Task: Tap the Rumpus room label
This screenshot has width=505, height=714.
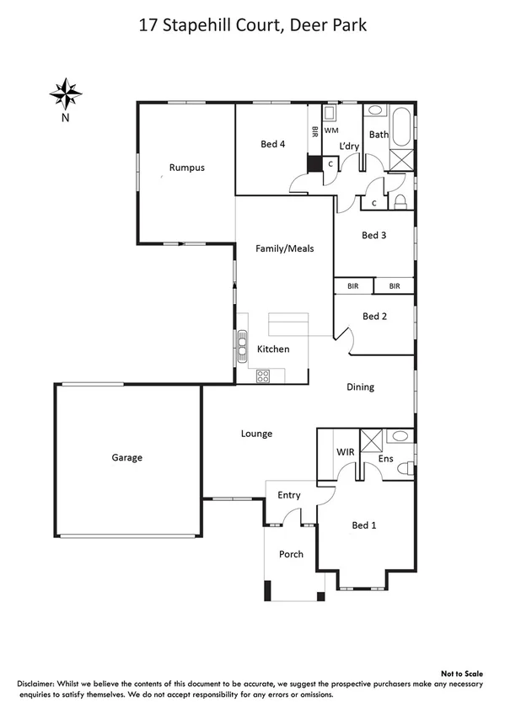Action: (186, 168)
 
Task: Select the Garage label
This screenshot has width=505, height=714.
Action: (126, 458)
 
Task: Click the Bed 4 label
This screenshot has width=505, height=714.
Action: (272, 145)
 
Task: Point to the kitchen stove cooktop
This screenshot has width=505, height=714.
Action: (262, 375)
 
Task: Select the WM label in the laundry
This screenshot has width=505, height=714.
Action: (332, 131)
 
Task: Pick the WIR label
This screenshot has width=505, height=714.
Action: (346, 452)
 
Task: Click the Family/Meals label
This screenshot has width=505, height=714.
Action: (285, 248)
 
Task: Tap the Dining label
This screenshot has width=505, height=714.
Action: (360, 387)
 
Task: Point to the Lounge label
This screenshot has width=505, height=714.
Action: (256, 434)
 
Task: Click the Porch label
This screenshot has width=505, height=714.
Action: (291, 554)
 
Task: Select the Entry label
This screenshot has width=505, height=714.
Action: (289, 495)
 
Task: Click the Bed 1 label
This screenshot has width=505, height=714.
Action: (363, 525)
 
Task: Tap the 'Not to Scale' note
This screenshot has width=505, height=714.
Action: (463, 674)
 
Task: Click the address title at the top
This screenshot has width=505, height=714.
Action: (252, 26)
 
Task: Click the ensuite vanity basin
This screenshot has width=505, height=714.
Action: (400, 436)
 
